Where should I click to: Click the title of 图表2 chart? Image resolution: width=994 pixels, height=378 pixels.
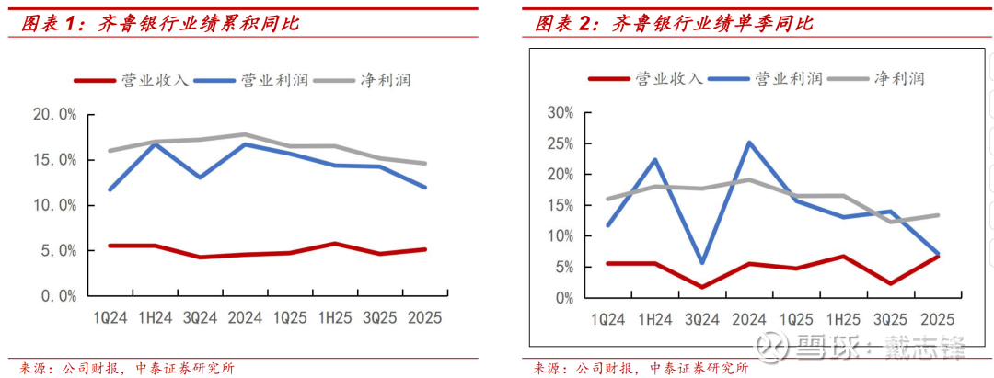click(x=675, y=23)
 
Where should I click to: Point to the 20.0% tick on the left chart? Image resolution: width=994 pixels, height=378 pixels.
click(x=54, y=115)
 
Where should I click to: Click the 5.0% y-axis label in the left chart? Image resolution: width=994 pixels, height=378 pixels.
click(x=58, y=250)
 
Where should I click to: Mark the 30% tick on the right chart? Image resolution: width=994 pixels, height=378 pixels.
click(x=560, y=112)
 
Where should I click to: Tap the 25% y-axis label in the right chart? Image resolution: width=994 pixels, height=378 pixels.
click(x=560, y=143)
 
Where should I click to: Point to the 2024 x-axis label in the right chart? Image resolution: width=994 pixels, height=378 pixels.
click(x=751, y=320)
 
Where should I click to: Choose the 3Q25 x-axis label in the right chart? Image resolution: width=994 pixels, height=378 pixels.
click(x=889, y=320)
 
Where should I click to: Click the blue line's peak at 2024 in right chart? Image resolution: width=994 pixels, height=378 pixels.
click(x=749, y=143)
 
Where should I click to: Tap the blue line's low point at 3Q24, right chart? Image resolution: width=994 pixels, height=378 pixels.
click(x=702, y=263)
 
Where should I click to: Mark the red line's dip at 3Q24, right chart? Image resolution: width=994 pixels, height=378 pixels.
click(x=702, y=287)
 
